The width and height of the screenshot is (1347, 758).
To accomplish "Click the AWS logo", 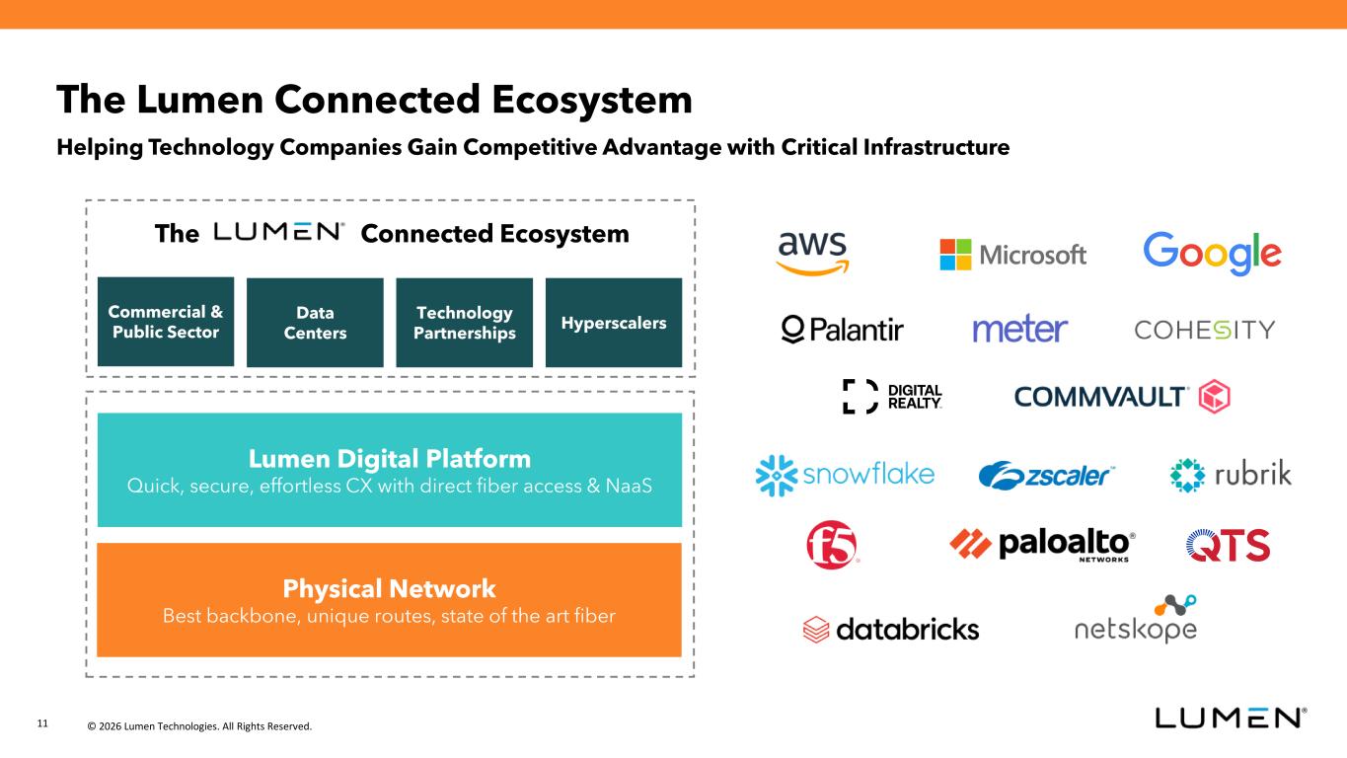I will (x=812, y=253).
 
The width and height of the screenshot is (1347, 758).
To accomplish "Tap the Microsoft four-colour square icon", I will (x=955, y=255).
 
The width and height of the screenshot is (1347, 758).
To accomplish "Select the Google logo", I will (x=1212, y=254).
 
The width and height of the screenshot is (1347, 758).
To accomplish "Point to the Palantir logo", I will (x=842, y=330).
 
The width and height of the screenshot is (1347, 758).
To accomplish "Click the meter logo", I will (x=1020, y=330).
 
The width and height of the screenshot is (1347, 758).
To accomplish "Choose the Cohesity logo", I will (x=1204, y=330).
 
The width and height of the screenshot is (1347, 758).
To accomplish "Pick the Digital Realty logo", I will (x=892, y=397).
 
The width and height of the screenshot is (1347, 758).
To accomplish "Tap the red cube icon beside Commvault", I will (x=1214, y=397).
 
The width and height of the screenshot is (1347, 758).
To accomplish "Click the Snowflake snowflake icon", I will (x=775, y=475).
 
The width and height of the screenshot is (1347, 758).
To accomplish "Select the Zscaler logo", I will (x=1046, y=476).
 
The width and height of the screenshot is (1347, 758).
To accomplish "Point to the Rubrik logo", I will (x=1230, y=475).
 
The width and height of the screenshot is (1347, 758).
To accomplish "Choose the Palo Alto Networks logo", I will (x=1042, y=545).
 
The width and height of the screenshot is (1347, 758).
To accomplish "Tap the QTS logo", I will (x=1228, y=545).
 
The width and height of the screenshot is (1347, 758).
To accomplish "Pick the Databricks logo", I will (x=891, y=629).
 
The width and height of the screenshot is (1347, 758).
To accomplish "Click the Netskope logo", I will (x=1136, y=622).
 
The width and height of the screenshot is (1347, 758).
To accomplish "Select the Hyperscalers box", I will (x=613, y=323).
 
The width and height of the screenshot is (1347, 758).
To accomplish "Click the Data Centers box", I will (x=315, y=323).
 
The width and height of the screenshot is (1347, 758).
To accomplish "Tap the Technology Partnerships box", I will (x=464, y=323).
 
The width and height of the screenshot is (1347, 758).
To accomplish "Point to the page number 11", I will (x=42, y=724).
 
